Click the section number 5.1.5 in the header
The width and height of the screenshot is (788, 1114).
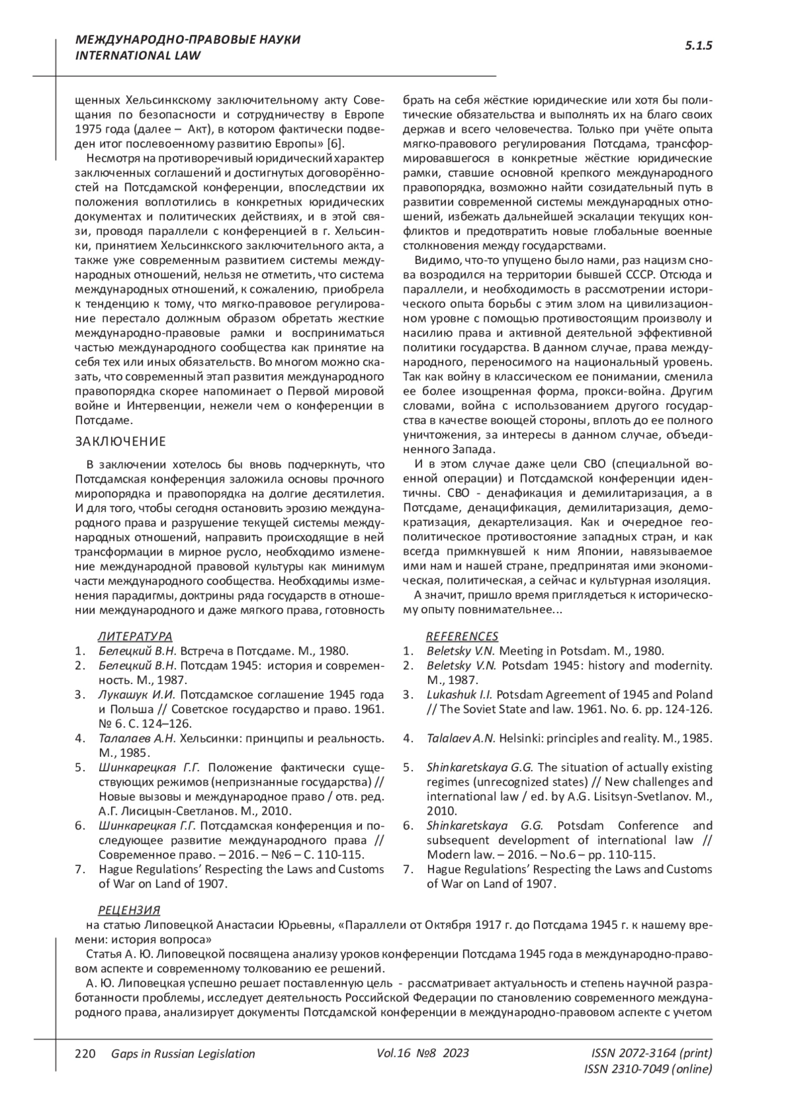point(699,46)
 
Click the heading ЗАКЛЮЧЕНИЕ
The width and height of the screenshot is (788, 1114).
point(121,440)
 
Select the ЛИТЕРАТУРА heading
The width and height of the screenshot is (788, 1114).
point(135,636)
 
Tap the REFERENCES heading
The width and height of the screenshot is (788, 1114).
point(462,636)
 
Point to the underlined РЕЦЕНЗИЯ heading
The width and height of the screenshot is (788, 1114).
point(129,910)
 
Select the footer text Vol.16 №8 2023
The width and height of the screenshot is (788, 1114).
point(423,1054)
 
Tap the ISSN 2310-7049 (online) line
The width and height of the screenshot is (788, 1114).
point(647,1069)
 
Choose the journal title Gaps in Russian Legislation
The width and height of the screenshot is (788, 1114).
point(183,1054)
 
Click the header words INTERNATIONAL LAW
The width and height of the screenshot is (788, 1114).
point(139,56)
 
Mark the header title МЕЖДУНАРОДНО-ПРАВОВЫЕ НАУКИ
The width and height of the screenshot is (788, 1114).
point(188,40)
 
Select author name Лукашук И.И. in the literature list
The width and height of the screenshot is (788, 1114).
point(137,695)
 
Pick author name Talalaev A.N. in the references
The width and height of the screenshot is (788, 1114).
point(461,738)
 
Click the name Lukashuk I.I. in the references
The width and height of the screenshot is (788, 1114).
point(460,695)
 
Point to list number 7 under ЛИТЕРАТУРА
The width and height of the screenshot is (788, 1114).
point(79,869)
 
